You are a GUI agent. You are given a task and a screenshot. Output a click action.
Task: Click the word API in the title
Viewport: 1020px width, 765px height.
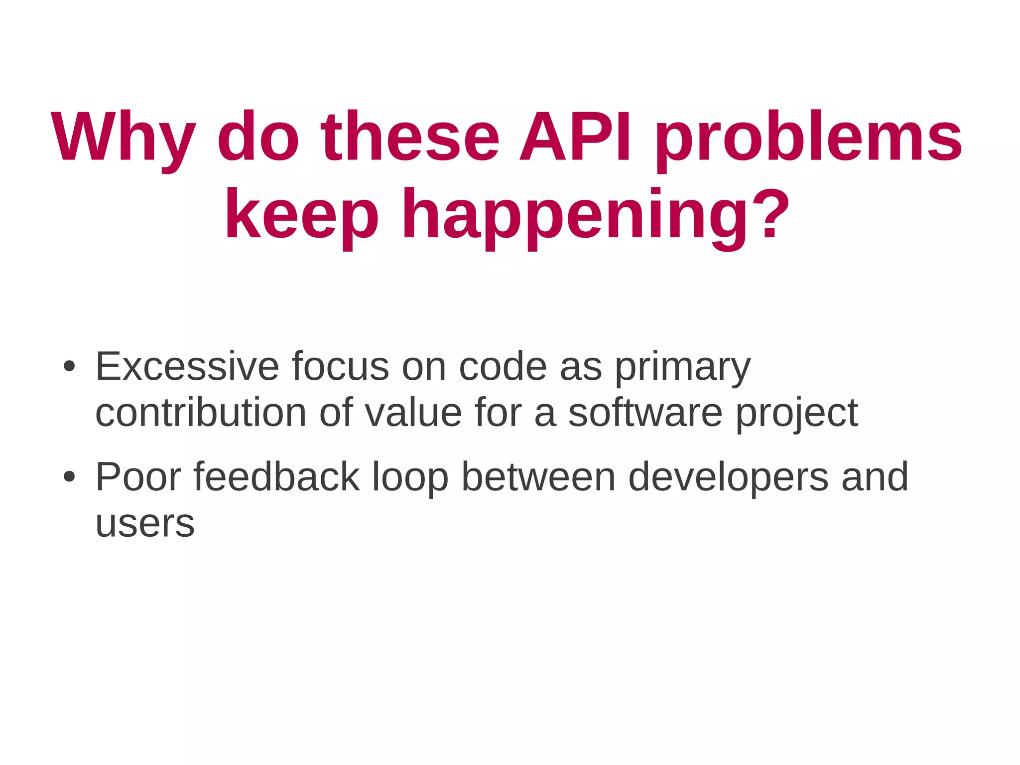[x=576, y=137]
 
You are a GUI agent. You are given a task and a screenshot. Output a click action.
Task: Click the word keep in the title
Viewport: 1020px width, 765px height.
[x=302, y=215]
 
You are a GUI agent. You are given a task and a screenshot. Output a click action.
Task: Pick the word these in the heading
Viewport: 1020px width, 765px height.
[x=410, y=137]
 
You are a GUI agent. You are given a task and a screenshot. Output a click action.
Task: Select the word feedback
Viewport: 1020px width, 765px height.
[x=276, y=477]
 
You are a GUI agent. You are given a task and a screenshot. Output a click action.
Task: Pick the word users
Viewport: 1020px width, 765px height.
[x=145, y=524]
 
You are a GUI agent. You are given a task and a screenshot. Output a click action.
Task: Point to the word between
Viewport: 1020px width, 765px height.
[x=539, y=477]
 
